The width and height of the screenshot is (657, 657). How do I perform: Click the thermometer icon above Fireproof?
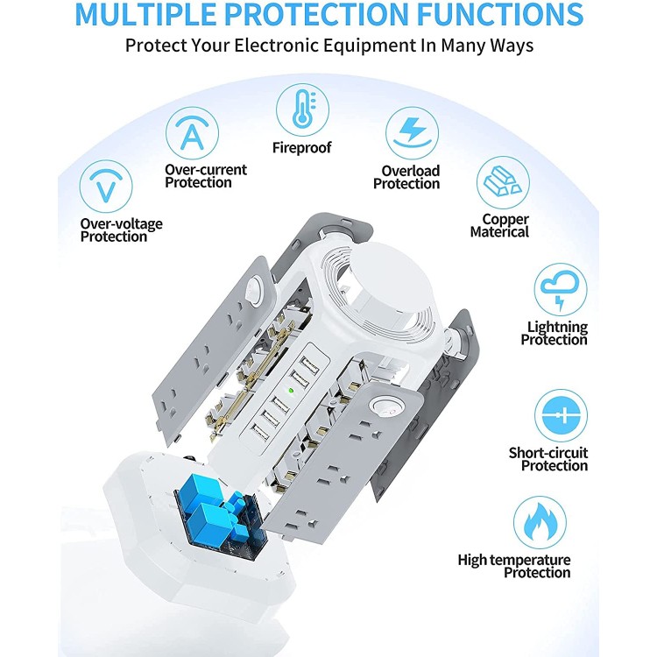[302, 109]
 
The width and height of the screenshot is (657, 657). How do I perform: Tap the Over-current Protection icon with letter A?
[192, 133]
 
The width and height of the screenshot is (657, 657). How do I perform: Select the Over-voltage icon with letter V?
[106, 187]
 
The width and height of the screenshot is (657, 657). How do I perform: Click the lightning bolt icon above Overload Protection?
[412, 133]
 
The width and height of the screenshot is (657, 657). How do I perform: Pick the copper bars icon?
[503, 182]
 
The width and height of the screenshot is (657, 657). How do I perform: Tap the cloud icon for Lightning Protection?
[561, 290]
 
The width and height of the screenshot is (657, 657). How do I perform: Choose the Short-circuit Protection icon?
[561, 415]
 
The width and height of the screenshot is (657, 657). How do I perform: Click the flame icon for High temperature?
[540, 522]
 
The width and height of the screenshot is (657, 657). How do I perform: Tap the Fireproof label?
[301, 147]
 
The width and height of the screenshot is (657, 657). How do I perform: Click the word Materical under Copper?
[499, 232]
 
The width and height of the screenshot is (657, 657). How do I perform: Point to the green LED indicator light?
[291, 391]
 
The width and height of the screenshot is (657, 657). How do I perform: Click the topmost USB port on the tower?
[309, 365]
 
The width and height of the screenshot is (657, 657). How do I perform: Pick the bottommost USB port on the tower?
[260, 433]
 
